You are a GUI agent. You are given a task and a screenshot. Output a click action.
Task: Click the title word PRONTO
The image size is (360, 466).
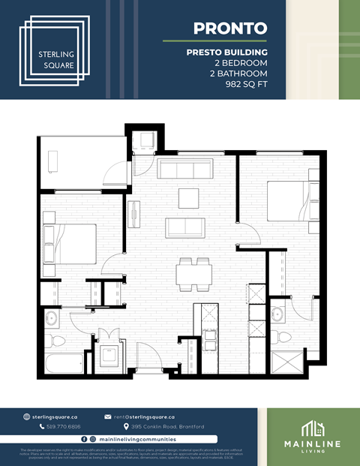click(x=230, y=29)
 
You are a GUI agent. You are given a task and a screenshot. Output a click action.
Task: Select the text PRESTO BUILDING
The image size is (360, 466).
click(x=227, y=52)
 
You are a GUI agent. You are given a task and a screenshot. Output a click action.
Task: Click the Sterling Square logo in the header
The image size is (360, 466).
click(x=57, y=49)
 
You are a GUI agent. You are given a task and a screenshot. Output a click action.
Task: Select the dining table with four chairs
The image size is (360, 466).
click(x=193, y=273)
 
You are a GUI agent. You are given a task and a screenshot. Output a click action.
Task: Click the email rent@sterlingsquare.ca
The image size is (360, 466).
click(x=144, y=416)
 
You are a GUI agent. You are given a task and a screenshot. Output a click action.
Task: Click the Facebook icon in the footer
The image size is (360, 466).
click(x=83, y=438)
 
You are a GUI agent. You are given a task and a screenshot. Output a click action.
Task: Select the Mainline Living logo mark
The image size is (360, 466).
click(x=312, y=428)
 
